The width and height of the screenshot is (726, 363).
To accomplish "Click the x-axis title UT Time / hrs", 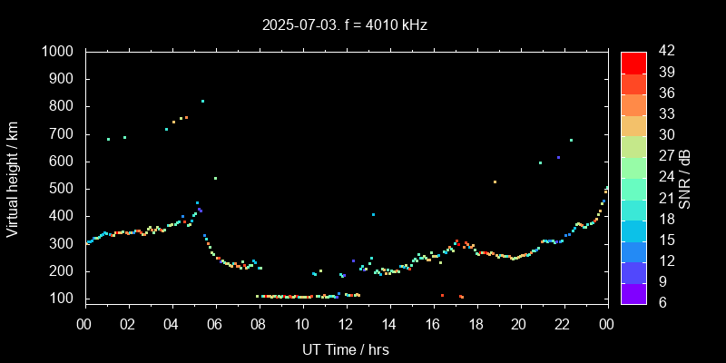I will point(345,349).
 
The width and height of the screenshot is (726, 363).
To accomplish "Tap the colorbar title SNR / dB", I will point(685,177).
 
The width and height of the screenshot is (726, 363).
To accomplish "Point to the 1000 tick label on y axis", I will point(58,52).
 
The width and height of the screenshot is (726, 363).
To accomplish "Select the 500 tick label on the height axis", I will point(63,189).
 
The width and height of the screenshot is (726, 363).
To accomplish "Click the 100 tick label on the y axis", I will point(63,299).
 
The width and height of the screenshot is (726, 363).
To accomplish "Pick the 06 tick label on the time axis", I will point(215,324).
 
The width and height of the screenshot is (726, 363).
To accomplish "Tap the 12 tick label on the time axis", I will point(346,324).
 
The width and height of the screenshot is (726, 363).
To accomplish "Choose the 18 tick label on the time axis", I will point(476,324).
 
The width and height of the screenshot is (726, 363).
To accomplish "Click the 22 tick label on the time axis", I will point(563,324).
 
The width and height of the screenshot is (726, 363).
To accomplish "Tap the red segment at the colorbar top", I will point(633,62).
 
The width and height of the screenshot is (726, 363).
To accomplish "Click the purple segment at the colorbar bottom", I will point(633,292).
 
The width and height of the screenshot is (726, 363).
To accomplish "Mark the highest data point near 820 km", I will point(202,101).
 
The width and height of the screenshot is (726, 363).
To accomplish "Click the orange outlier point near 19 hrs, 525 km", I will point(495,181).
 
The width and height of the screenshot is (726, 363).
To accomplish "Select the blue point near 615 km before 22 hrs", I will point(558,157).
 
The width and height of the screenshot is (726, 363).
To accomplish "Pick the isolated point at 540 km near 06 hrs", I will point(215,178).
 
